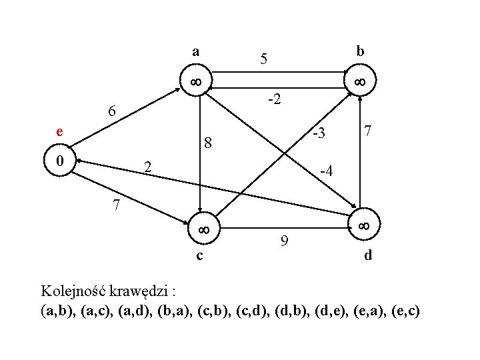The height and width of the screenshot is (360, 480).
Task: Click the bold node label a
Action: click(195, 51)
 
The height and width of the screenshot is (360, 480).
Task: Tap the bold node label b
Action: click(360, 51)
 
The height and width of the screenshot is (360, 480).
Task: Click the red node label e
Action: click(60, 132)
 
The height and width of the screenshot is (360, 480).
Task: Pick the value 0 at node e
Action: click(60, 161)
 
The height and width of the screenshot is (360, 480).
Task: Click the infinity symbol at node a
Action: click(195, 82)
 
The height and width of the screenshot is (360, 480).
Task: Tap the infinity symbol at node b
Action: click(359, 82)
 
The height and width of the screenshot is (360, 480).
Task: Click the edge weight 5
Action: click(264, 60)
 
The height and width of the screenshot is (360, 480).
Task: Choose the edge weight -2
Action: click(273, 101)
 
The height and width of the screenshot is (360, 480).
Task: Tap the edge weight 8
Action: click(208, 143)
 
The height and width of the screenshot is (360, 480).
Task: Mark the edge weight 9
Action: click(284, 241)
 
